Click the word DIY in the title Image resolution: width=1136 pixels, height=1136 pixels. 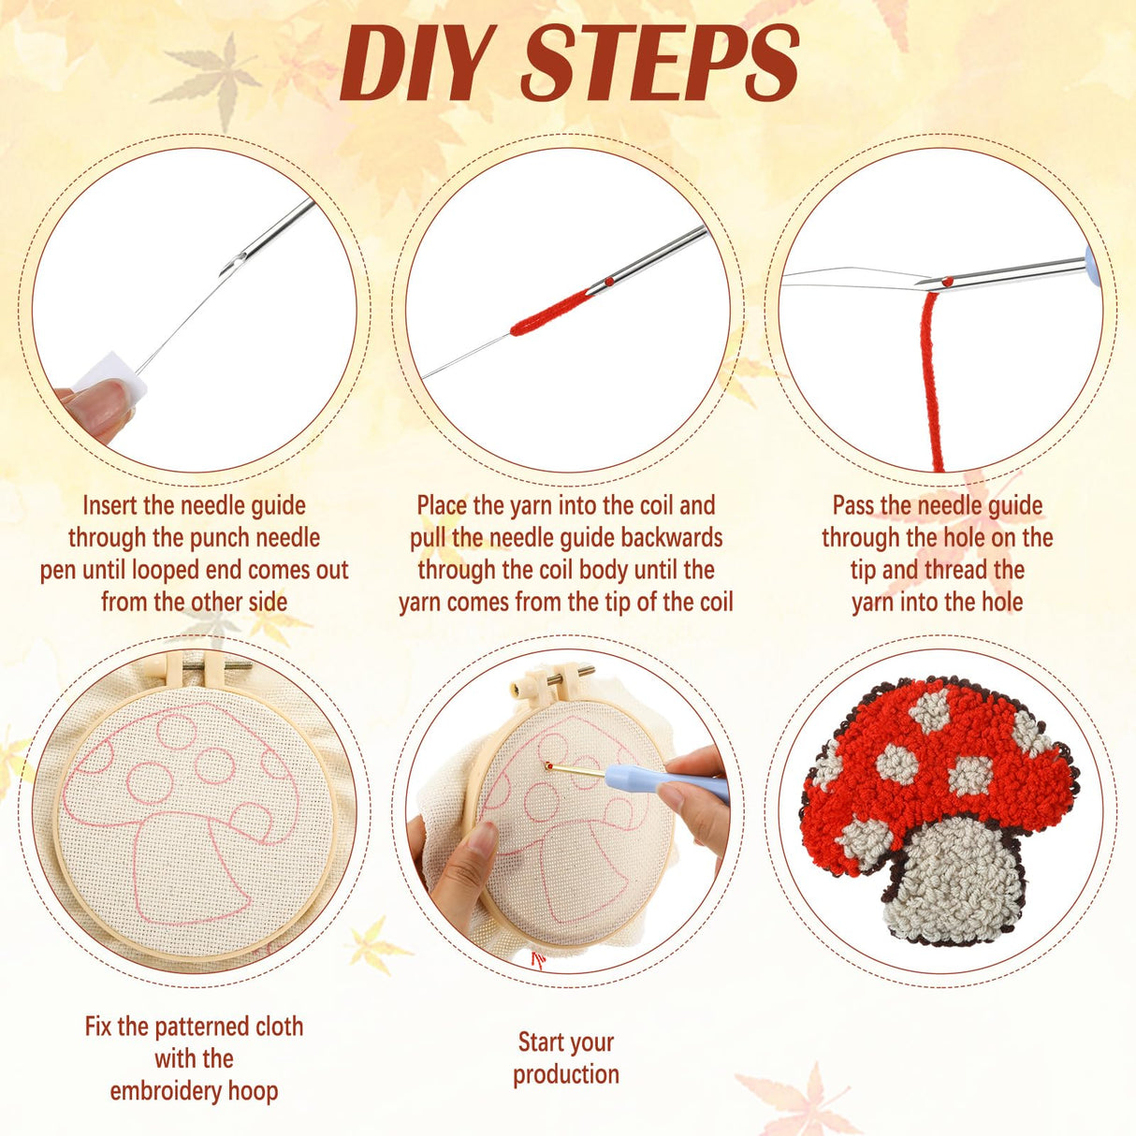[415, 64]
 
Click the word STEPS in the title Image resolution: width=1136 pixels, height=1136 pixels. [659, 64]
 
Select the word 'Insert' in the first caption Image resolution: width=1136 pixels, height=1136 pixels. [110, 506]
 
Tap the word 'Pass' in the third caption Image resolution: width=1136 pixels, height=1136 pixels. [853, 506]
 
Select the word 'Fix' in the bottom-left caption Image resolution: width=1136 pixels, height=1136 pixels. [98, 1027]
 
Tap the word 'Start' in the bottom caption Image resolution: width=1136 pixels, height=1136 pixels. [541, 1042]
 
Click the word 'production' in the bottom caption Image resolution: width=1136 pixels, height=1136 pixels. [565, 1074]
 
